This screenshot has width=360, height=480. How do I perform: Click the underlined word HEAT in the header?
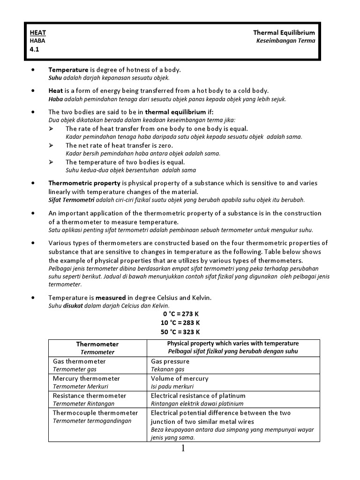[x=38, y=33]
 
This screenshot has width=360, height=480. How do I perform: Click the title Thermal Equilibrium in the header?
[x=284, y=33]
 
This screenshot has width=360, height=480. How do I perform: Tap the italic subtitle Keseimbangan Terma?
[x=285, y=41]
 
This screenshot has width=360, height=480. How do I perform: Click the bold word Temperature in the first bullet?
[x=68, y=70]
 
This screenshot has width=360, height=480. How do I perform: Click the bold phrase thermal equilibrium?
[x=175, y=112]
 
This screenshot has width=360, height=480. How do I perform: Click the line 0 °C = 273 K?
[x=180, y=314]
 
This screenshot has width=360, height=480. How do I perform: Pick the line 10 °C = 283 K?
[x=180, y=323]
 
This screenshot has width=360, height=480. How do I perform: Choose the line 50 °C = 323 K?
[x=180, y=332]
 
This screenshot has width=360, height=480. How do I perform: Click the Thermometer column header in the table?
[x=97, y=344]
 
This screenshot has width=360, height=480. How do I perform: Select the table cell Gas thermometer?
[x=79, y=361]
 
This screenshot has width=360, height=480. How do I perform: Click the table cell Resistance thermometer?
[x=90, y=396]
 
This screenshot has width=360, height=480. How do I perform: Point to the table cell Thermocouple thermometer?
[x=95, y=413]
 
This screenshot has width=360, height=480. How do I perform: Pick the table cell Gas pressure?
[x=170, y=361]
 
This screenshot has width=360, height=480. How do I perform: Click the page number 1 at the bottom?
[x=183, y=449]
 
